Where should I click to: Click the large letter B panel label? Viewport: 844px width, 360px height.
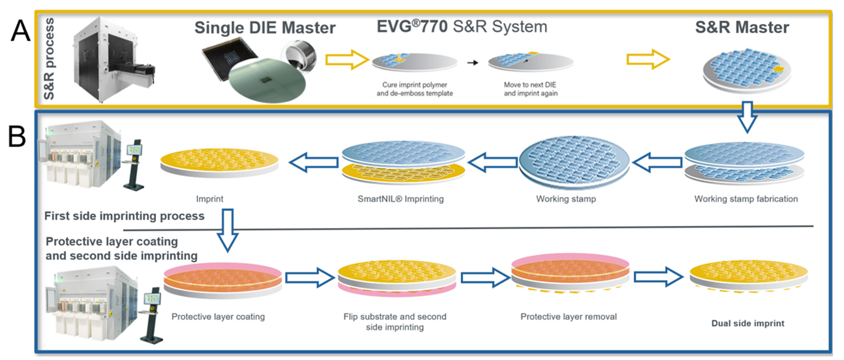point(17,136)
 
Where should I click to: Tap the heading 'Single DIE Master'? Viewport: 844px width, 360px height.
point(265,28)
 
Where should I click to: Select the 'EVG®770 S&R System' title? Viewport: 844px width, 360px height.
point(462,26)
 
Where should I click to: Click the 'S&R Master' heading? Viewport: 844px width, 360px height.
point(742,27)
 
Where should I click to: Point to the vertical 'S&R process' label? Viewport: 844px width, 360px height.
point(49,59)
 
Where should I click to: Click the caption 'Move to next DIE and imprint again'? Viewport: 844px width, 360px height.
point(530,89)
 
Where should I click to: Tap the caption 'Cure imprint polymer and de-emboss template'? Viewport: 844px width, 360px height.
point(414,89)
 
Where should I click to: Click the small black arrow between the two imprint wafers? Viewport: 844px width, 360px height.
point(473,63)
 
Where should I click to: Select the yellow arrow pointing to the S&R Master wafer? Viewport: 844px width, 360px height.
point(648,59)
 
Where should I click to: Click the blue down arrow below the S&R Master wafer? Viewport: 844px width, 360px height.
point(747,117)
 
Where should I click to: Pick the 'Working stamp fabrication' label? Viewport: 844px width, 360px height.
point(746,199)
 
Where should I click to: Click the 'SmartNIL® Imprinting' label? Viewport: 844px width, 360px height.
point(401,199)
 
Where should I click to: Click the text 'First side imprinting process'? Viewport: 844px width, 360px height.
point(124,216)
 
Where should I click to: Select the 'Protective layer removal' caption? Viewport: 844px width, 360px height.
point(568,317)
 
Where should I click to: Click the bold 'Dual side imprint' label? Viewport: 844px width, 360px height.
point(748,323)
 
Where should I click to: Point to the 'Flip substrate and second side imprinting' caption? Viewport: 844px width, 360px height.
point(395,322)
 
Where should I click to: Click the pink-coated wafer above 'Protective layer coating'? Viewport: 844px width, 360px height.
point(222,279)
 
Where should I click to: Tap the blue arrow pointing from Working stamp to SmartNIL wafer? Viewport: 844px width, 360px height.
point(493,163)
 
